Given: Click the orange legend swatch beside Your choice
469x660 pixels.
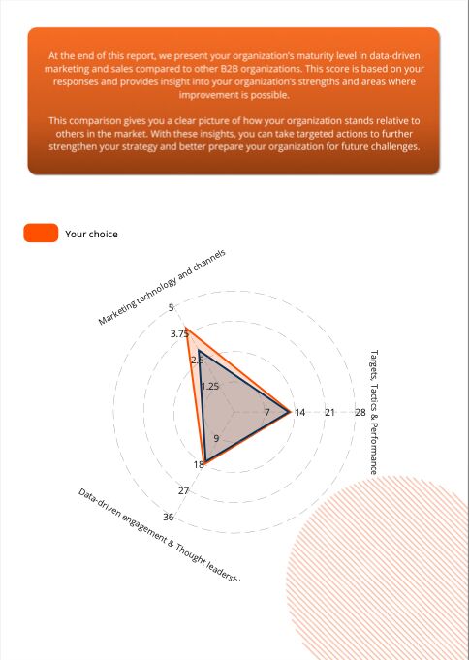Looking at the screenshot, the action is pyautogui.click(x=41, y=233).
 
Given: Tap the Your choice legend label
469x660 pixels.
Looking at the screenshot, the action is pyautogui.click(x=91, y=234).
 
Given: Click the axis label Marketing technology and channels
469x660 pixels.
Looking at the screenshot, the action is pyautogui.click(x=162, y=287).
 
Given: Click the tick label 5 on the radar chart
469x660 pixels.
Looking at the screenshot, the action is pyautogui.click(x=172, y=307).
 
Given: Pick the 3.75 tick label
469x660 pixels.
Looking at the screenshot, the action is pyautogui.click(x=180, y=333).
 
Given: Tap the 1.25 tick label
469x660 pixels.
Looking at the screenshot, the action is pyautogui.click(x=210, y=386).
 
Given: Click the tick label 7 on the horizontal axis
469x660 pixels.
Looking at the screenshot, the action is pyautogui.click(x=267, y=413).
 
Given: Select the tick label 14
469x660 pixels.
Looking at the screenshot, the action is pyautogui.click(x=299, y=413).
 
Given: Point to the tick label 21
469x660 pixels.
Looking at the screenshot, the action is pyautogui.click(x=329, y=413).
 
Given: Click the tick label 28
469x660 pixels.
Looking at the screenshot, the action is pyautogui.click(x=360, y=413).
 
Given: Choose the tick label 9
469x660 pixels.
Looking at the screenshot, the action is pyautogui.click(x=216, y=439).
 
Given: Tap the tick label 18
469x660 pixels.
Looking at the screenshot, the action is pyautogui.click(x=199, y=465).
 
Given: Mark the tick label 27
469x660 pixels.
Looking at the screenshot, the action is pyautogui.click(x=183, y=491).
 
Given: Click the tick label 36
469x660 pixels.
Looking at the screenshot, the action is pyautogui.click(x=169, y=518).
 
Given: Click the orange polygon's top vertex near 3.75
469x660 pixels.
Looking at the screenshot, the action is pyautogui.click(x=188, y=330).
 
